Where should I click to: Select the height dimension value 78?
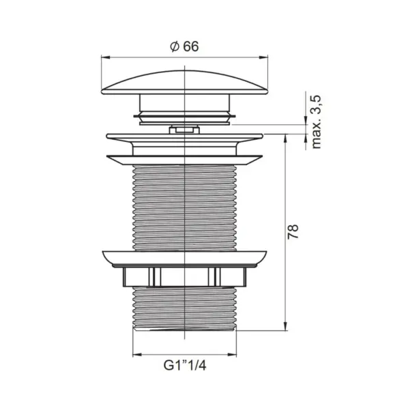click(x=294, y=231)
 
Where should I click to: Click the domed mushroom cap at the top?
click(x=185, y=81)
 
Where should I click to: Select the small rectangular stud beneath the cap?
click(x=185, y=128)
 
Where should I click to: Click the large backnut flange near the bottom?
click(x=185, y=258)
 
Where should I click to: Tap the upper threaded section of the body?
click(x=185, y=205)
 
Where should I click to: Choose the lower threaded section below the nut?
click(x=185, y=307)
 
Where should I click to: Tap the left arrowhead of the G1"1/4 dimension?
click(x=135, y=355)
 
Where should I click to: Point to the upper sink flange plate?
click(x=185, y=137)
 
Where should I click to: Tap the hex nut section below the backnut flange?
click(x=185, y=276)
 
